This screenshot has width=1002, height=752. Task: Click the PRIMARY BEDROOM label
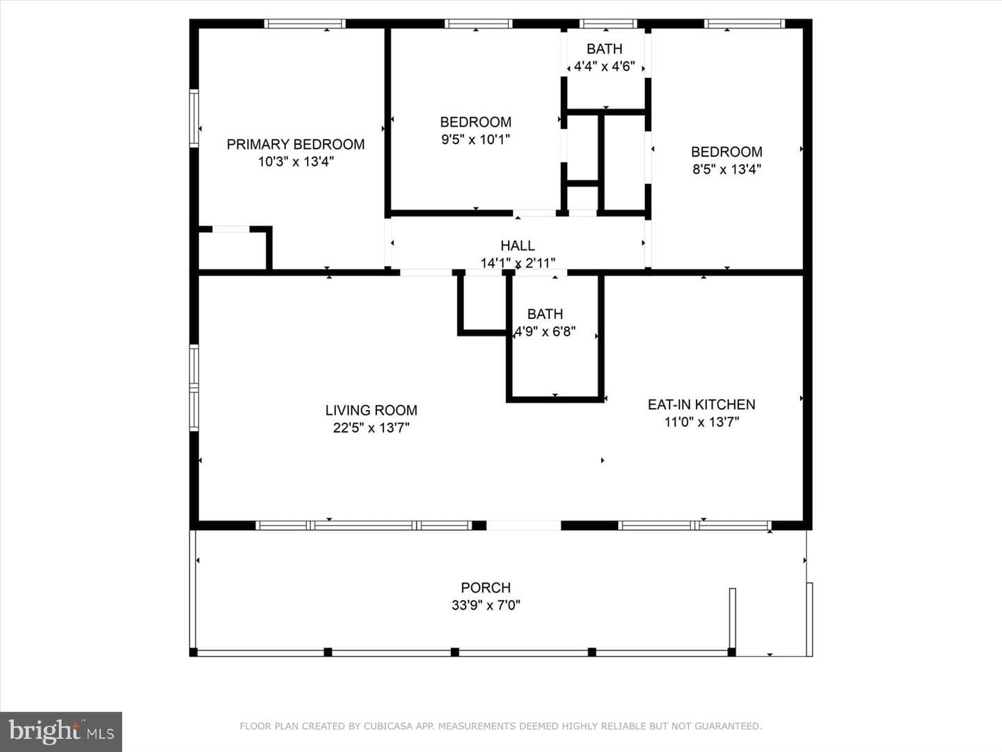click(295, 144)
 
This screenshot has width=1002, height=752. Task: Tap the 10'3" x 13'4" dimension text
click(296, 162)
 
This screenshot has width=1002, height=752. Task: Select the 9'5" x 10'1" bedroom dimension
click(475, 139)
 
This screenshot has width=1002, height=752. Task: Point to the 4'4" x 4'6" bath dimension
click(604, 67)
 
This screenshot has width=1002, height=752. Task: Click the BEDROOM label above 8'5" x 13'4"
click(726, 152)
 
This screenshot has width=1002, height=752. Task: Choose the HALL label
click(517, 246)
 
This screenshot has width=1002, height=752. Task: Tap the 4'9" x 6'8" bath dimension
click(545, 331)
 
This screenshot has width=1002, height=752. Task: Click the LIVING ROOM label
click(371, 410)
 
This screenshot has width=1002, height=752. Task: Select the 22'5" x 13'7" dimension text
click(371, 428)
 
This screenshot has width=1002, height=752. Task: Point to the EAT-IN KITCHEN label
click(701, 405)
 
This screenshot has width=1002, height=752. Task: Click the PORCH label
click(486, 588)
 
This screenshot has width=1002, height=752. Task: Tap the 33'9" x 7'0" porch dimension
click(486, 606)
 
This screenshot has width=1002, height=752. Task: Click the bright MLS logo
click(61, 732)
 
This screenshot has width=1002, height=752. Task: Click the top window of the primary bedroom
click(305, 24)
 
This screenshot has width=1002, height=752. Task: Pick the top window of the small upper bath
click(608, 24)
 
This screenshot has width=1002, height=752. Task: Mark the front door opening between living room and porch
click(523, 526)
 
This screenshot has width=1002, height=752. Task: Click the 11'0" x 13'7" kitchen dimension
click(701, 422)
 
